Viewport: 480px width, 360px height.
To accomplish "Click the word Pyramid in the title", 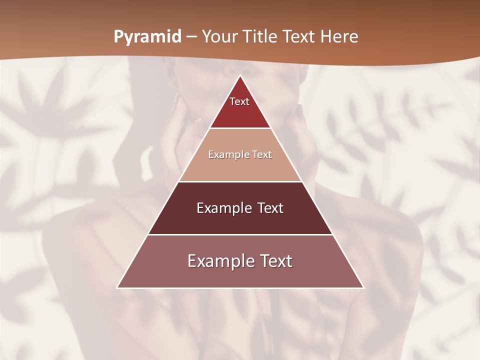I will [147, 37].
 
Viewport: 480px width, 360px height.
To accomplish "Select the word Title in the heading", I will [261, 37].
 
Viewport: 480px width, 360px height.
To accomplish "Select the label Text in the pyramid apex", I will [239, 101].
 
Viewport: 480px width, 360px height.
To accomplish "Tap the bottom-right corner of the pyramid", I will [363, 287].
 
